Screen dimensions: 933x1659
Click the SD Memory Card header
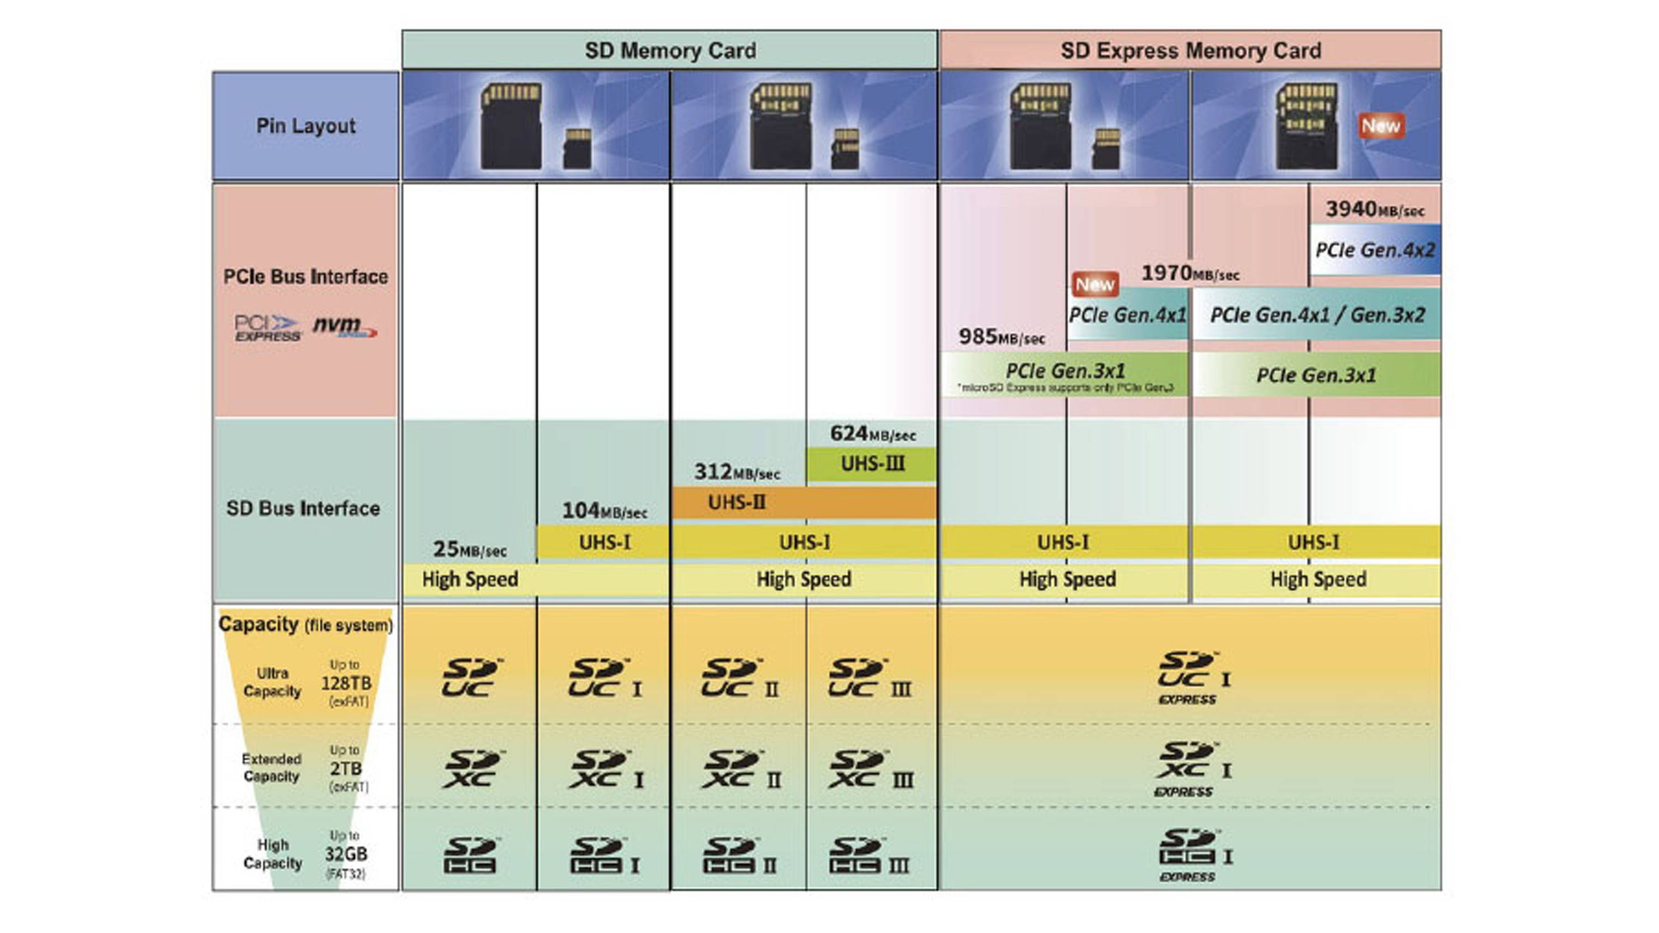(x=670, y=50)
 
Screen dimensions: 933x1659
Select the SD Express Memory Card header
(x=1190, y=50)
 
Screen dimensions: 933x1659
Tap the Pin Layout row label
(x=305, y=125)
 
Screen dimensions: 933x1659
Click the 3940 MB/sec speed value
(x=1374, y=209)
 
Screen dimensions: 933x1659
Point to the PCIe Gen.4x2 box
(x=1375, y=250)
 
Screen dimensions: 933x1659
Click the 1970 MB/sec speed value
(x=1190, y=274)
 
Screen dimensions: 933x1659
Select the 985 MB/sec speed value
(x=1001, y=336)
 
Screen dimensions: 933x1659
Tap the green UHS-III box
(x=872, y=464)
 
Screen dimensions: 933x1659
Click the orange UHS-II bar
(x=804, y=502)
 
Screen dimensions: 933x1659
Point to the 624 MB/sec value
(x=872, y=434)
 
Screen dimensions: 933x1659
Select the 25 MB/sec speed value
(x=469, y=549)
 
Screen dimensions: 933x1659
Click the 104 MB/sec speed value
(x=604, y=511)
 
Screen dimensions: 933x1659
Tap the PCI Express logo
(x=267, y=328)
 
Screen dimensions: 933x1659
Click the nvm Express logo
(x=345, y=327)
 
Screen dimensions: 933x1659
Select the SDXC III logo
(x=871, y=770)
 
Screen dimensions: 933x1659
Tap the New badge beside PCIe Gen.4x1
(x=1095, y=284)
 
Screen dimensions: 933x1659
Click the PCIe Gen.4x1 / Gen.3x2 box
(x=1317, y=315)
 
